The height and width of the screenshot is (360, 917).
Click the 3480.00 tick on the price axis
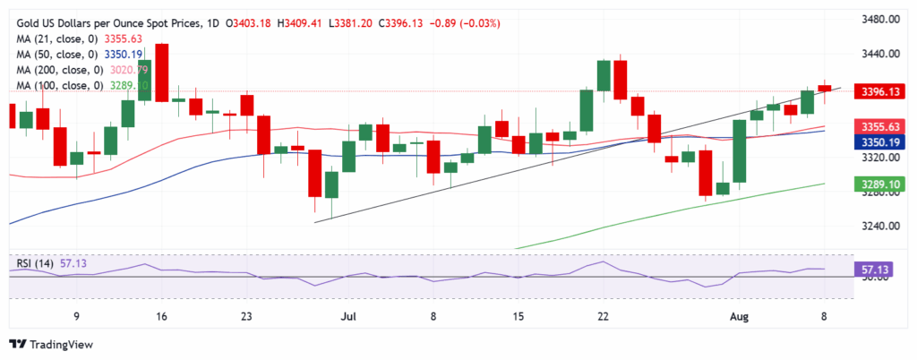[878, 20]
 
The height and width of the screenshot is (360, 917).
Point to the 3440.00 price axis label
[878, 54]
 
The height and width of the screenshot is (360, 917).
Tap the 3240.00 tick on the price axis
[878, 226]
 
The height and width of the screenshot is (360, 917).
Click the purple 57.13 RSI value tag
[874, 269]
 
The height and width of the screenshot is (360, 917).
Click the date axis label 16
[162, 317]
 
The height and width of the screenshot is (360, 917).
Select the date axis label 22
[604, 317]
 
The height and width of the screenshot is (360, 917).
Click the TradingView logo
[54, 345]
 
